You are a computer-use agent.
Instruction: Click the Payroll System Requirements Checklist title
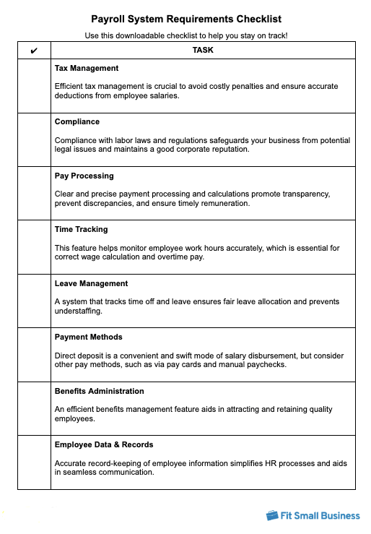pyautogui.click(x=186, y=20)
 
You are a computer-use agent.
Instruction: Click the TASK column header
pyautogui.click(x=203, y=51)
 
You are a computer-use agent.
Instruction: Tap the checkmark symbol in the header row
pyautogui.click(x=35, y=51)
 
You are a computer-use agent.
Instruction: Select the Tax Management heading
pyautogui.click(x=87, y=68)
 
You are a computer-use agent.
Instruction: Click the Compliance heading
pyautogui.click(x=77, y=122)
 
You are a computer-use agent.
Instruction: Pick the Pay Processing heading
pyautogui.click(x=84, y=176)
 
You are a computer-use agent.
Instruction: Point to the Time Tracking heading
pyautogui.click(x=81, y=229)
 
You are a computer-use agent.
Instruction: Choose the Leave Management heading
pyautogui.click(x=91, y=283)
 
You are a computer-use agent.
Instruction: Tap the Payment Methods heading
pyautogui.click(x=88, y=337)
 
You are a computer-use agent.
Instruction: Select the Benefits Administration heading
pyautogui.click(x=100, y=391)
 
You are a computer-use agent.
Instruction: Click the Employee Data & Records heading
pyautogui.click(x=104, y=444)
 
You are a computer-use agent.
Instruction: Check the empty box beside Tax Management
pyautogui.click(x=35, y=86)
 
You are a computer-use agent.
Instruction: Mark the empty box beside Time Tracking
pyautogui.click(x=35, y=247)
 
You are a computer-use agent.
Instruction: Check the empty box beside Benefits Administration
pyautogui.click(x=35, y=408)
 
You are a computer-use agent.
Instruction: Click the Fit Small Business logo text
pyautogui.click(x=321, y=515)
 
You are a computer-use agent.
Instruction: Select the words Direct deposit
pyautogui.click(x=81, y=356)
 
